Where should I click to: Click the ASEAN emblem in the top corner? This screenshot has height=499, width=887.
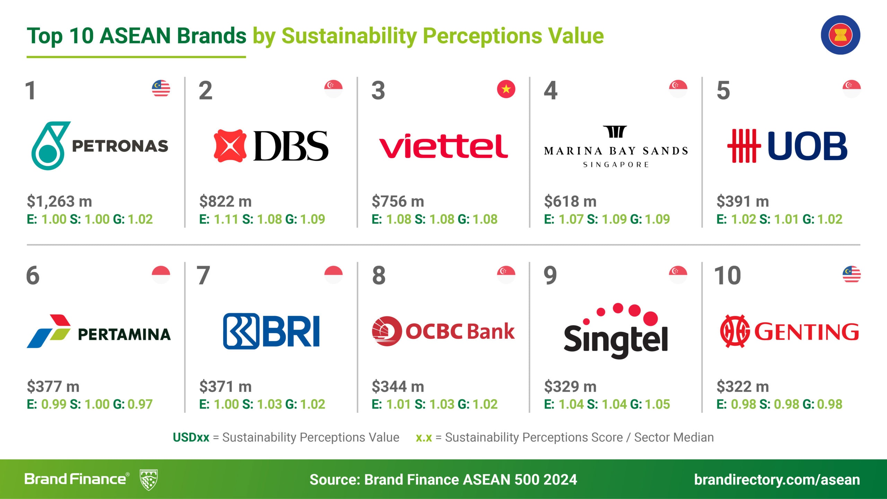tap(840, 35)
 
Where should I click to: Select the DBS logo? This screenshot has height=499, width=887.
tap(271, 146)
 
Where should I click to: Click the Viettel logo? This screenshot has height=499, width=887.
tap(443, 146)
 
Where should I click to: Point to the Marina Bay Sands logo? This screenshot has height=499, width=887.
tap(616, 147)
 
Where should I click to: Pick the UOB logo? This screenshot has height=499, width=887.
tap(787, 146)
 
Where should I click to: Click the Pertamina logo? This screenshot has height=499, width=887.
tap(99, 331)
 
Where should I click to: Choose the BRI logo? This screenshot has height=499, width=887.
tap(271, 331)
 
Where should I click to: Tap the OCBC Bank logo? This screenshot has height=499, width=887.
tap(443, 331)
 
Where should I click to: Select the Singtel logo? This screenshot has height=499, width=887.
tap(616, 331)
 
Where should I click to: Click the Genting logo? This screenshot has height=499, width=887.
tap(790, 331)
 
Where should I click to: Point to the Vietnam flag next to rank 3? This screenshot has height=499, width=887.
tap(506, 89)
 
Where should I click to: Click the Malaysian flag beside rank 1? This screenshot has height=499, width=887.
tap(161, 89)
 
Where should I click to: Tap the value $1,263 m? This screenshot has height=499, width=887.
tap(60, 201)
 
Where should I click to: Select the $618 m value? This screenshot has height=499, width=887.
tap(570, 201)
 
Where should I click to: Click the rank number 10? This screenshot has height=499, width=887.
tap(728, 276)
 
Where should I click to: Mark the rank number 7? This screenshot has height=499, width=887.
tap(203, 276)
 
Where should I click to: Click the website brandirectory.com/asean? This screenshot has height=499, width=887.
tap(777, 480)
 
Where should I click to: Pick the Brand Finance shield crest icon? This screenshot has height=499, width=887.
tap(149, 480)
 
